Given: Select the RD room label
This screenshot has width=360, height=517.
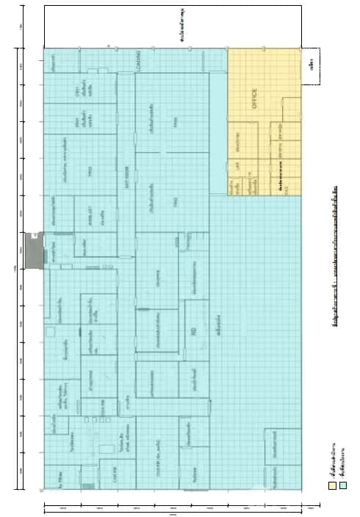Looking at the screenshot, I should point(193,333).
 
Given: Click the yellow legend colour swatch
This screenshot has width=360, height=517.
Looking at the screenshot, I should point(331,485).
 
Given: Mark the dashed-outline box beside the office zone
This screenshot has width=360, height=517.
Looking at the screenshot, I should point(313,65).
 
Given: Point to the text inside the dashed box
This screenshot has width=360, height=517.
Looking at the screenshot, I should point(313,66).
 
